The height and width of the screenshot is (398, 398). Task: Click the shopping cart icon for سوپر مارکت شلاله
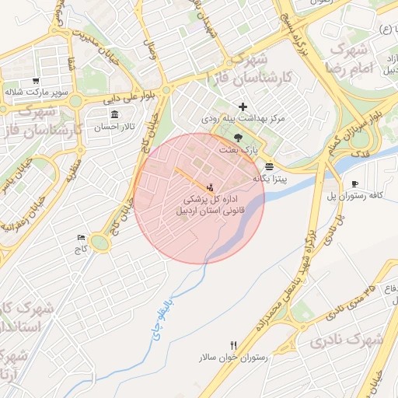point(36,81)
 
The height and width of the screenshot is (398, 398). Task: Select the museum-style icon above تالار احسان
point(115,114)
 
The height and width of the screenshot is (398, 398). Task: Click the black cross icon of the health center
point(243,106)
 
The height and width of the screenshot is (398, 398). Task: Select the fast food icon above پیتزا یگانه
point(269,166)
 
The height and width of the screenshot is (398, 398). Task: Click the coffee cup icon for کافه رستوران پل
point(355,183)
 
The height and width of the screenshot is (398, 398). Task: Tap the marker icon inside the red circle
point(209,187)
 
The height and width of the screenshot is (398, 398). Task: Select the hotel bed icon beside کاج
point(81,237)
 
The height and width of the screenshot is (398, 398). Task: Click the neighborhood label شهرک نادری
point(345,340)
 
